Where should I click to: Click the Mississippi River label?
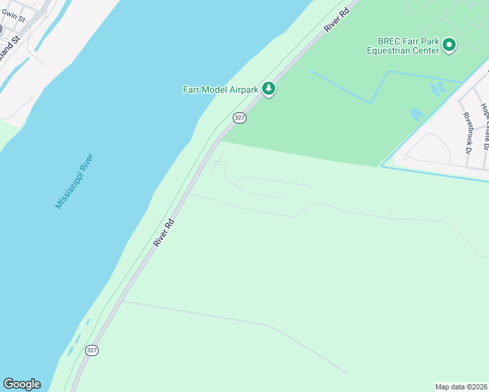[x=75, y=181]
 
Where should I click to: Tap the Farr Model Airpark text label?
[x=220, y=90]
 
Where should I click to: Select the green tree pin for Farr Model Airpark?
[x=268, y=88]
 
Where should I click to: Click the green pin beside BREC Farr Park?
[x=448, y=45]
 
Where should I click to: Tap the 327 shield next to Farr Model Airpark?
[x=239, y=118]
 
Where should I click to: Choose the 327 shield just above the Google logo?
[x=92, y=350]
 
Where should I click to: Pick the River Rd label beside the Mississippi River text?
[x=164, y=233]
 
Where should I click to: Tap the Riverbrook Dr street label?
[x=467, y=129]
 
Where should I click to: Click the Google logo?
[x=22, y=384]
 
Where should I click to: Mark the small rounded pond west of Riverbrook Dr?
[x=416, y=115]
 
